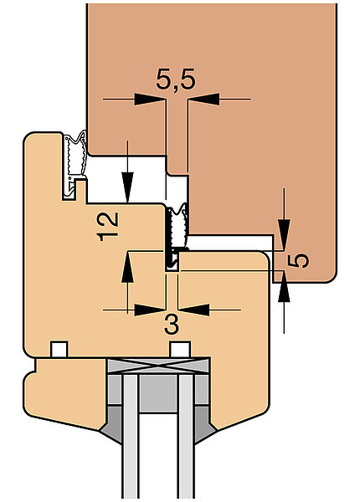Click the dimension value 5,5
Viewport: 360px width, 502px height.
pos(176,80)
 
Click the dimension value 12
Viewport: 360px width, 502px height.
pos(108,227)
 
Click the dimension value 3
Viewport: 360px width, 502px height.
pos(172,324)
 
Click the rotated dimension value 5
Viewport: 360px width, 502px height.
pos(298,260)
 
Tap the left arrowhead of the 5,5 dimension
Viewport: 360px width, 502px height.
pos(150,100)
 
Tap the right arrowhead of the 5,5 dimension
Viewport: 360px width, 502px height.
pos(204,100)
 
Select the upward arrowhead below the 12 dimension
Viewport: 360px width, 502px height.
pos(127,267)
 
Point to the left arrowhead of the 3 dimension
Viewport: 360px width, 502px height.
pos(150,310)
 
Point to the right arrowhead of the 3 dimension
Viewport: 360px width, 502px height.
pos(193,310)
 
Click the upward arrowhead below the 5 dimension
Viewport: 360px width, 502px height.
pos(284,287)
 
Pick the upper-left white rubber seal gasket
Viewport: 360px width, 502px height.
pos(75,165)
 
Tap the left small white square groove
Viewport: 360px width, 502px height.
pos(59,349)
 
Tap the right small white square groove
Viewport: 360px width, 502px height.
pos(180,349)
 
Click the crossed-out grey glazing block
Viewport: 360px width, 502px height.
pos(158,366)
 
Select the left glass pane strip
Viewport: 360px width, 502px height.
pos(131,437)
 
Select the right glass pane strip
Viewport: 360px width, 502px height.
pos(186,437)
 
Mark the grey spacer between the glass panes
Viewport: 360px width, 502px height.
pos(158,393)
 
